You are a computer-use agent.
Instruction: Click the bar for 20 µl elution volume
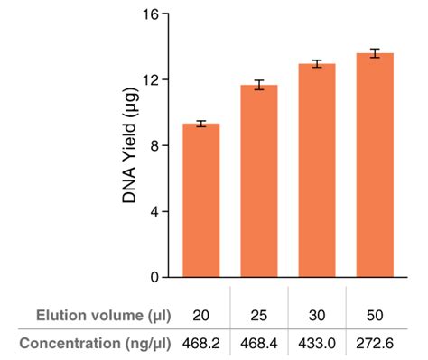tap(201, 200)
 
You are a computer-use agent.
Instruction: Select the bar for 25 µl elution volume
tap(259, 181)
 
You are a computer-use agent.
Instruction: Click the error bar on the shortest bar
tap(201, 124)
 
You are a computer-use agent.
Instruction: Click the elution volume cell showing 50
tap(374, 315)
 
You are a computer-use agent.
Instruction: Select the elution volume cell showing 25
tap(259, 315)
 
